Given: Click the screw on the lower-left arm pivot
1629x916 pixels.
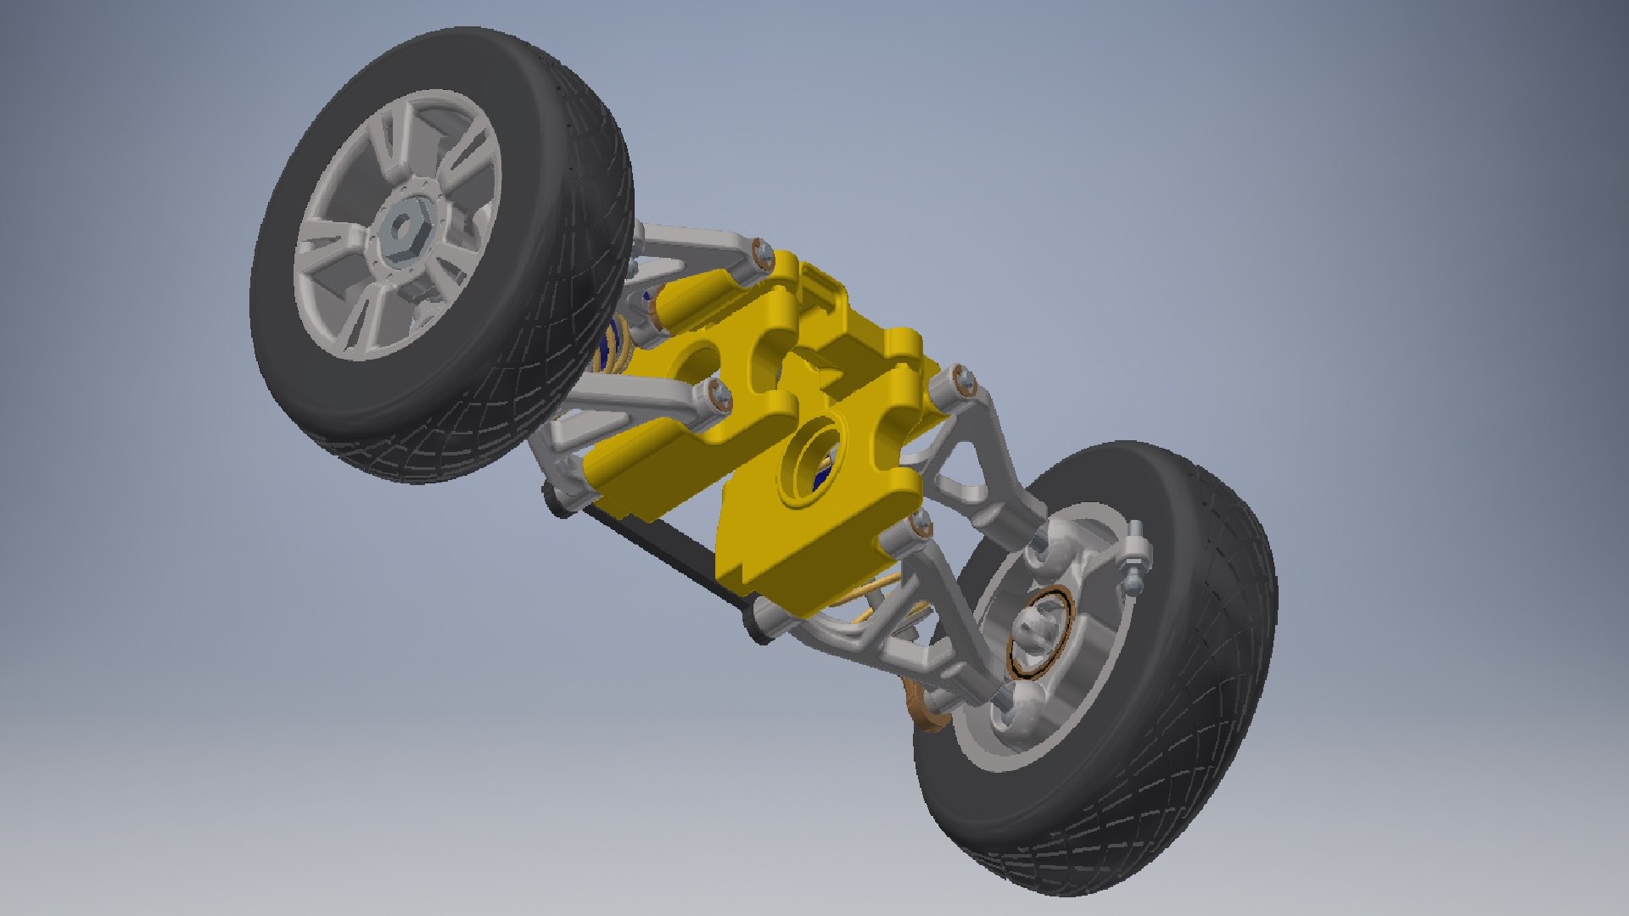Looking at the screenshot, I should (719, 394).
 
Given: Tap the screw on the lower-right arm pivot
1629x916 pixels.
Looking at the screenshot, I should (918, 526).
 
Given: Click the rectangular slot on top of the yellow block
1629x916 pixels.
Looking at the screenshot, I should (819, 284).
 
